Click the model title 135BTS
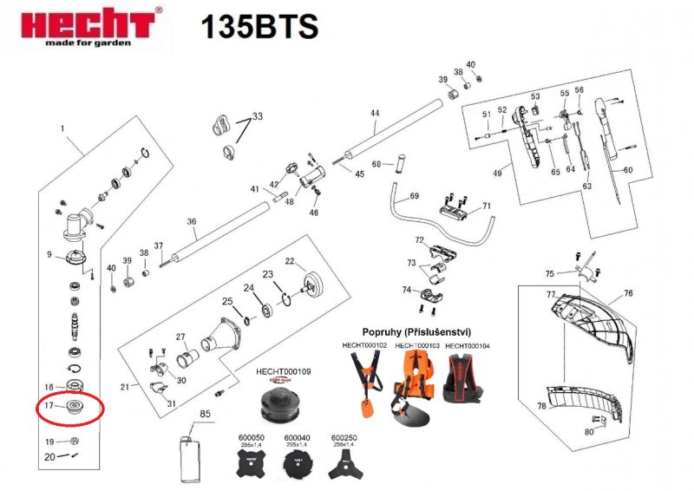tap(259, 27)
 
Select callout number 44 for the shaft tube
tap(375, 114)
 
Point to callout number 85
tap(206, 415)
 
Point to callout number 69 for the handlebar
tap(414, 195)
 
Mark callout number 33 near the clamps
tap(256, 115)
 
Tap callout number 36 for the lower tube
tap(192, 221)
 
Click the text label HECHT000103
tap(417, 345)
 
